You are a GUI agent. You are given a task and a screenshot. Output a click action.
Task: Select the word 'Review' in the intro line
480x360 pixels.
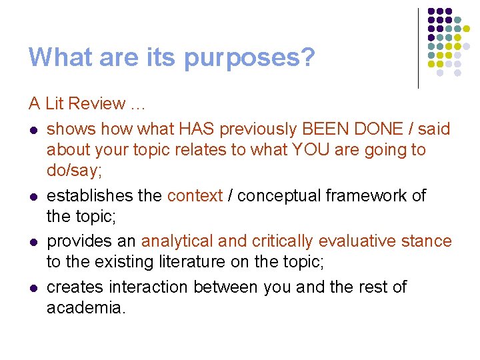97,103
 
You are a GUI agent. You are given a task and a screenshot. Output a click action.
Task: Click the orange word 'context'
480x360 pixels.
195,195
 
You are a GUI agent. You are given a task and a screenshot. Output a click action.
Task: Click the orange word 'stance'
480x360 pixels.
428,241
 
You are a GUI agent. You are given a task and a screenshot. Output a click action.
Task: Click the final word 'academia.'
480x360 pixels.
86,308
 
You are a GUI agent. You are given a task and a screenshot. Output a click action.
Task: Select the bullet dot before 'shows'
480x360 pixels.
33,129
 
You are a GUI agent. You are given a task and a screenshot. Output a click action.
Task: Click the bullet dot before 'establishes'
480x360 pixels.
33,196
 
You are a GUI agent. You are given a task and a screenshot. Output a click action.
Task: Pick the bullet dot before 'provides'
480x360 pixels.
33,241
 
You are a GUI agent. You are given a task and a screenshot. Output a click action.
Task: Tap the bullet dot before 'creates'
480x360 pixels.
33,287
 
